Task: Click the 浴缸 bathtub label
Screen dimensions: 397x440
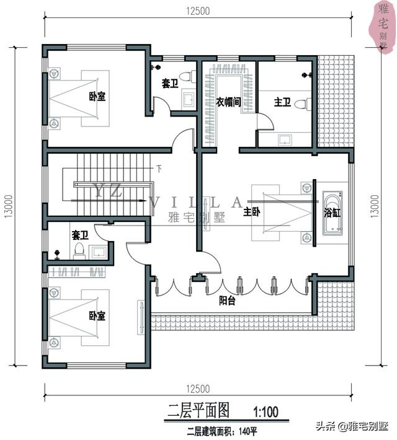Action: coord(332,213)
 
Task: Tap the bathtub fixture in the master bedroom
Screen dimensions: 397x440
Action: coord(332,213)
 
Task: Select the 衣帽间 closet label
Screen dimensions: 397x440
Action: coord(228,102)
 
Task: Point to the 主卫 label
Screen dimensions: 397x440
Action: coord(282,102)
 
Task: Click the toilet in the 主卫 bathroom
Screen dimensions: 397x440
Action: coord(303,104)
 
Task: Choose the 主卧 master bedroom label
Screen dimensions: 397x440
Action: coord(251,211)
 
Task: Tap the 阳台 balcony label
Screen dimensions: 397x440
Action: coord(227,301)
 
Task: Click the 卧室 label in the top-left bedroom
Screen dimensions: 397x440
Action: coord(97,97)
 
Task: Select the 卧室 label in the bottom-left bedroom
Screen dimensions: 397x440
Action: coord(97,316)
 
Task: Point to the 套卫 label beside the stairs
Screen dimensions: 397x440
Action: coord(80,235)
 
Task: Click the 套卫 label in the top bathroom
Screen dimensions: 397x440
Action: coord(170,83)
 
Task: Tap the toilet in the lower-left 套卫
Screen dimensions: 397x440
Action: coord(79,251)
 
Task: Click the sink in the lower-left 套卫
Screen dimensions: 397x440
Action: coord(98,252)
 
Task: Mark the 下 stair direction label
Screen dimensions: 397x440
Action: coord(159,169)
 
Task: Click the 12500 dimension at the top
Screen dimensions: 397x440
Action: coord(198,11)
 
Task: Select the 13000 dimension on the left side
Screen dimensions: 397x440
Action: coord(9,206)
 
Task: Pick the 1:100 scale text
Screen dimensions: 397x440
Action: coord(265,412)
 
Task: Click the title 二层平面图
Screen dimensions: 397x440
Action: coord(198,410)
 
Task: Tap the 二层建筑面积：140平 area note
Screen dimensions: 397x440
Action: coord(222,431)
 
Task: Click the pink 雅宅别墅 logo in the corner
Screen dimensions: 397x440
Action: coord(382,26)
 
